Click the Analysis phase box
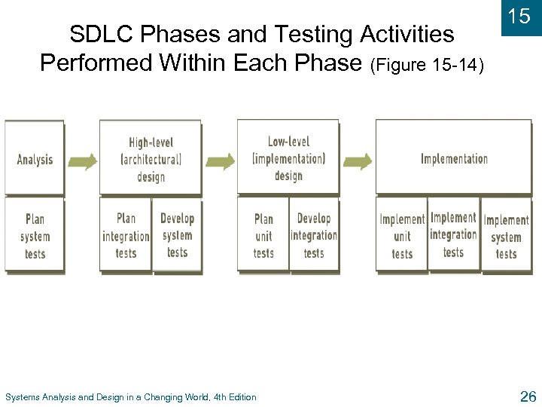coord(35,159)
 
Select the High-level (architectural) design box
coord(151,159)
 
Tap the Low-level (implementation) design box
coord(288,158)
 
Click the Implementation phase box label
coord(454,158)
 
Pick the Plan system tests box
coord(35,236)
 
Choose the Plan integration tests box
coord(126,235)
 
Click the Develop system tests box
coord(177,235)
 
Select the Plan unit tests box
coord(263,236)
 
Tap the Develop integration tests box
coord(314,235)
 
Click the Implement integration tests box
coord(453,234)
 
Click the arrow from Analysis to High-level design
coord(82,161)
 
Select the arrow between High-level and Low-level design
coord(220,161)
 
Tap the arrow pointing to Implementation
coord(358,161)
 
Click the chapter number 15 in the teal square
coord(520,17)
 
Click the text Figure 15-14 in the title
coord(426,65)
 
